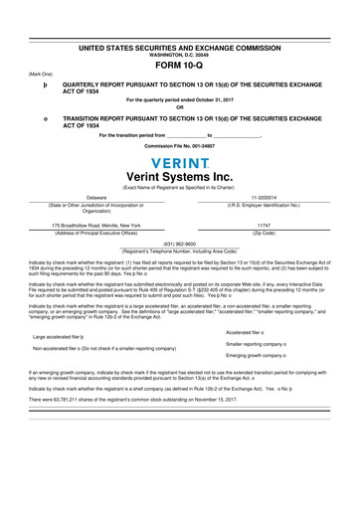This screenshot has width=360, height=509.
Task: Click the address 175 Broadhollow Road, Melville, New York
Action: point(96,226)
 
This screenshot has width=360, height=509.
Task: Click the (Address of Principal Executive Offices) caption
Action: point(96,233)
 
